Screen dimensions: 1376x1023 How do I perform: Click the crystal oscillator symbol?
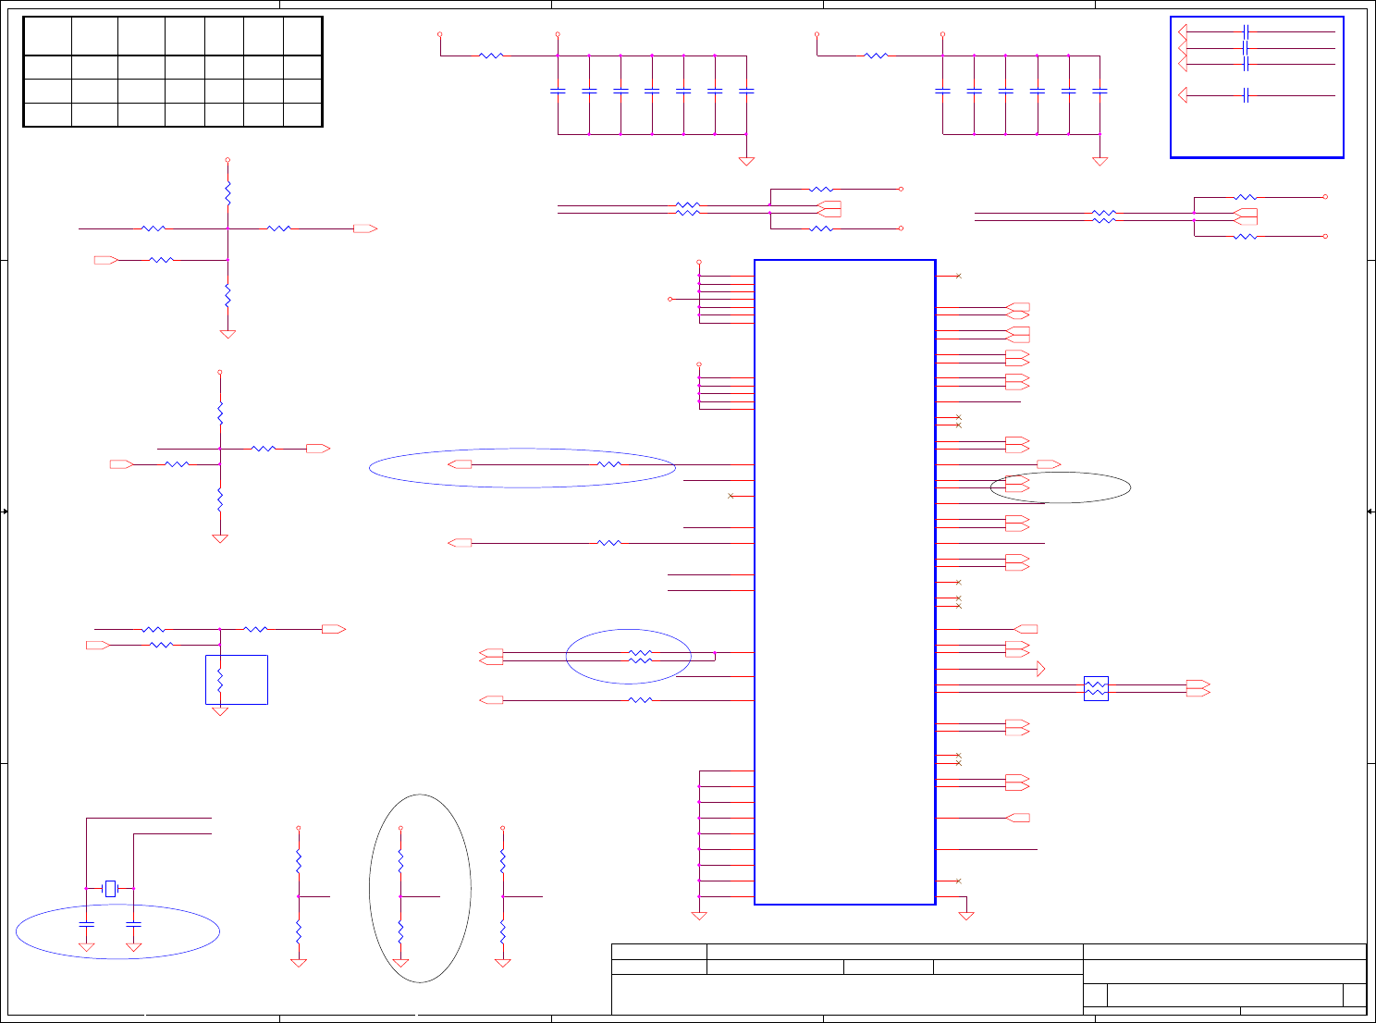pos(110,888)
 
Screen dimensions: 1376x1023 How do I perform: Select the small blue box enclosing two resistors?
pos(1096,688)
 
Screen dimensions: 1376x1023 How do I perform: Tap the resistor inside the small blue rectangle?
pos(220,681)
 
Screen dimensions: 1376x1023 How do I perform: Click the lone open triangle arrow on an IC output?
pos(1041,669)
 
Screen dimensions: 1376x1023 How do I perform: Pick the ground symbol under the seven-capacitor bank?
pos(746,161)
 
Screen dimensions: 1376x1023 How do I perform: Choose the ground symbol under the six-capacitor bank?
pos(1100,161)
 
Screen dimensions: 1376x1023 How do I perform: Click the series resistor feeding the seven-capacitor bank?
pos(491,55)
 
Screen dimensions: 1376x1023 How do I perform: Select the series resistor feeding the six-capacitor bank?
pos(876,55)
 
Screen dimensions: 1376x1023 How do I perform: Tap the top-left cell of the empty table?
pos(47,36)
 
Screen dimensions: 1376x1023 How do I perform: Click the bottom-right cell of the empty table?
pos(302,115)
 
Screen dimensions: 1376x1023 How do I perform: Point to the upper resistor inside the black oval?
pos(400,861)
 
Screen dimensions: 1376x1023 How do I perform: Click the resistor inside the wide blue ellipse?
pos(608,464)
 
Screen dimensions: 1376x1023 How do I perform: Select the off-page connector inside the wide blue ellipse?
pos(460,464)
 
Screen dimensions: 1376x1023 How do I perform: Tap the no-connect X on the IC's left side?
pos(731,496)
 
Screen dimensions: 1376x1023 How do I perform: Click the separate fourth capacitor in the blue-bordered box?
pos(1247,95)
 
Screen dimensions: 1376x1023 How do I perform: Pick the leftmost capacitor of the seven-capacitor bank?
pos(558,91)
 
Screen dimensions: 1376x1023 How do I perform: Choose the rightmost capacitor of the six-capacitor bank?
pos(1100,91)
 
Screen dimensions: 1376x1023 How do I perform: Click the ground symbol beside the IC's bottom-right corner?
pos(966,915)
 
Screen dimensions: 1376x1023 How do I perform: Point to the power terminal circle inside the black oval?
pos(400,828)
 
